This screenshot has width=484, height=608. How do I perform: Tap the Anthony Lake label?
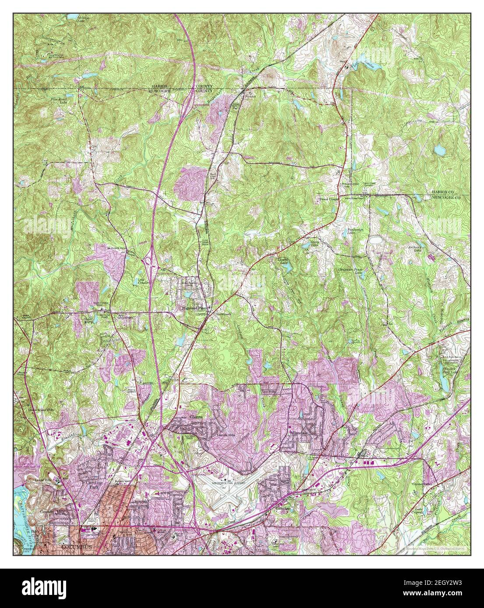(416, 248)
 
